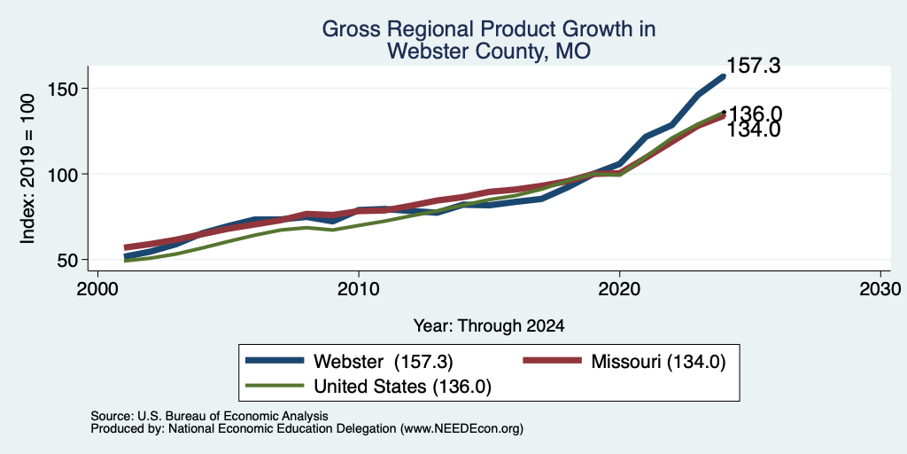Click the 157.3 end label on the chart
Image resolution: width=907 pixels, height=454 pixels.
pyautogui.click(x=753, y=66)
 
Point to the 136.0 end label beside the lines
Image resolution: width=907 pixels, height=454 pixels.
pyautogui.click(x=755, y=113)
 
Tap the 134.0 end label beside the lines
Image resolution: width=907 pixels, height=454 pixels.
pyautogui.click(x=753, y=129)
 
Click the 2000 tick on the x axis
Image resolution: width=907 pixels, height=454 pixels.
pyautogui.click(x=97, y=288)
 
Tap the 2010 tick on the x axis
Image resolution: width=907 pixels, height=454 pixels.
pyautogui.click(x=359, y=288)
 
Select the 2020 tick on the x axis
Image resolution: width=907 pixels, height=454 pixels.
pyautogui.click(x=619, y=288)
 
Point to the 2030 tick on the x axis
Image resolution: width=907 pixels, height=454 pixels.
pyautogui.click(x=880, y=288)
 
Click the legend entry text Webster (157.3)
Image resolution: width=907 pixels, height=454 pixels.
pyautogui.click(x=383, y=362)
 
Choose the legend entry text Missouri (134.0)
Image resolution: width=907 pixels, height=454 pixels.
pyautogui.click(x=658, y=362)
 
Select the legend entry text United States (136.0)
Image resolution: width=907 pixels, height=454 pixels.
pyautogui.click(x=402, y=387)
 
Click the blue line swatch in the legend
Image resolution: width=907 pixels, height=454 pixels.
pyautogui.click(x=275, y=361)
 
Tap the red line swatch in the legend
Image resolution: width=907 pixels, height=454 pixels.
pyautogui.click(x=552, y=361)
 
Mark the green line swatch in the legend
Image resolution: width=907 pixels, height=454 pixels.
pyautogui.click(x=275, y=386)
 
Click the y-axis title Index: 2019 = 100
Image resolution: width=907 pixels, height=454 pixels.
pyautogui.click(x=28, y=168)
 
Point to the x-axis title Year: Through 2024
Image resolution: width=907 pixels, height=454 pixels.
pyautogui.click(x=489, y=326)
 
